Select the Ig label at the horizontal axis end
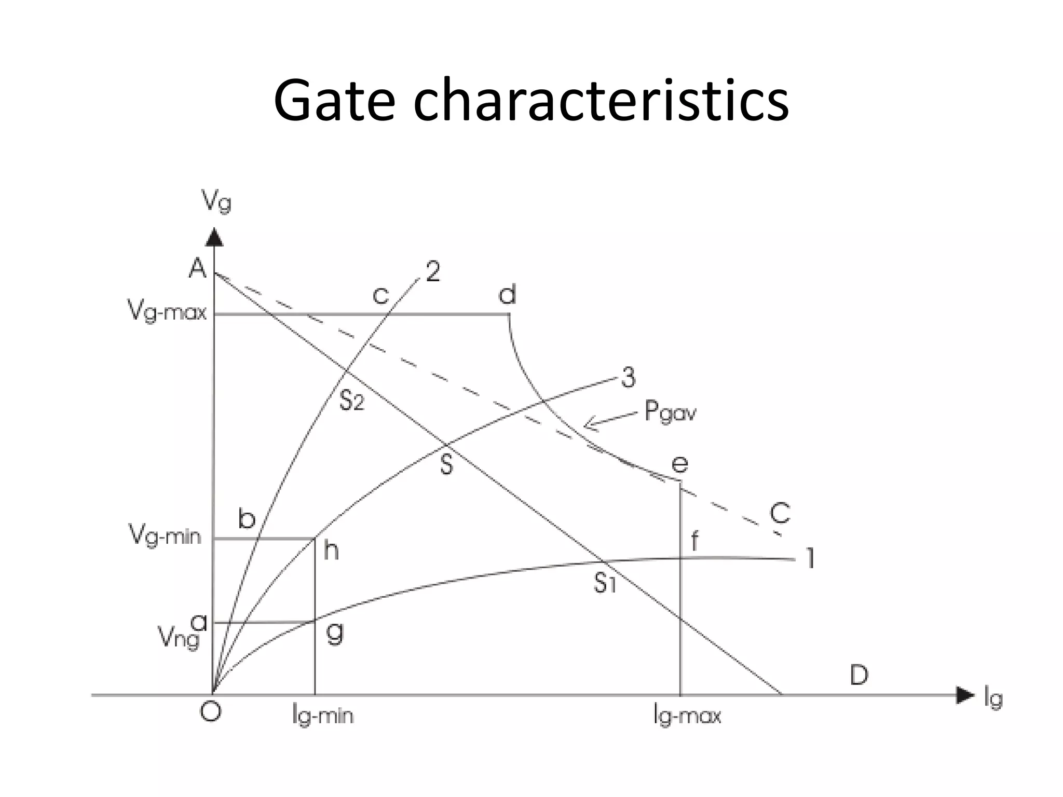[993, 698]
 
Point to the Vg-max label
[167, 312]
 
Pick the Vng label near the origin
[179, 637]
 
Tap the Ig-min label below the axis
[323, 716]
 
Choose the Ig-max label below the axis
[687, 716]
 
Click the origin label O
[211, 712]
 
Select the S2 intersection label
[352, 401]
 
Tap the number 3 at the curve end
[628, 378]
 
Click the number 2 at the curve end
[433, 271]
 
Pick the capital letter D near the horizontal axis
[859, 675]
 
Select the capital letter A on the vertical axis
[198, 268]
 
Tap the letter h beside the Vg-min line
[331, 551]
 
